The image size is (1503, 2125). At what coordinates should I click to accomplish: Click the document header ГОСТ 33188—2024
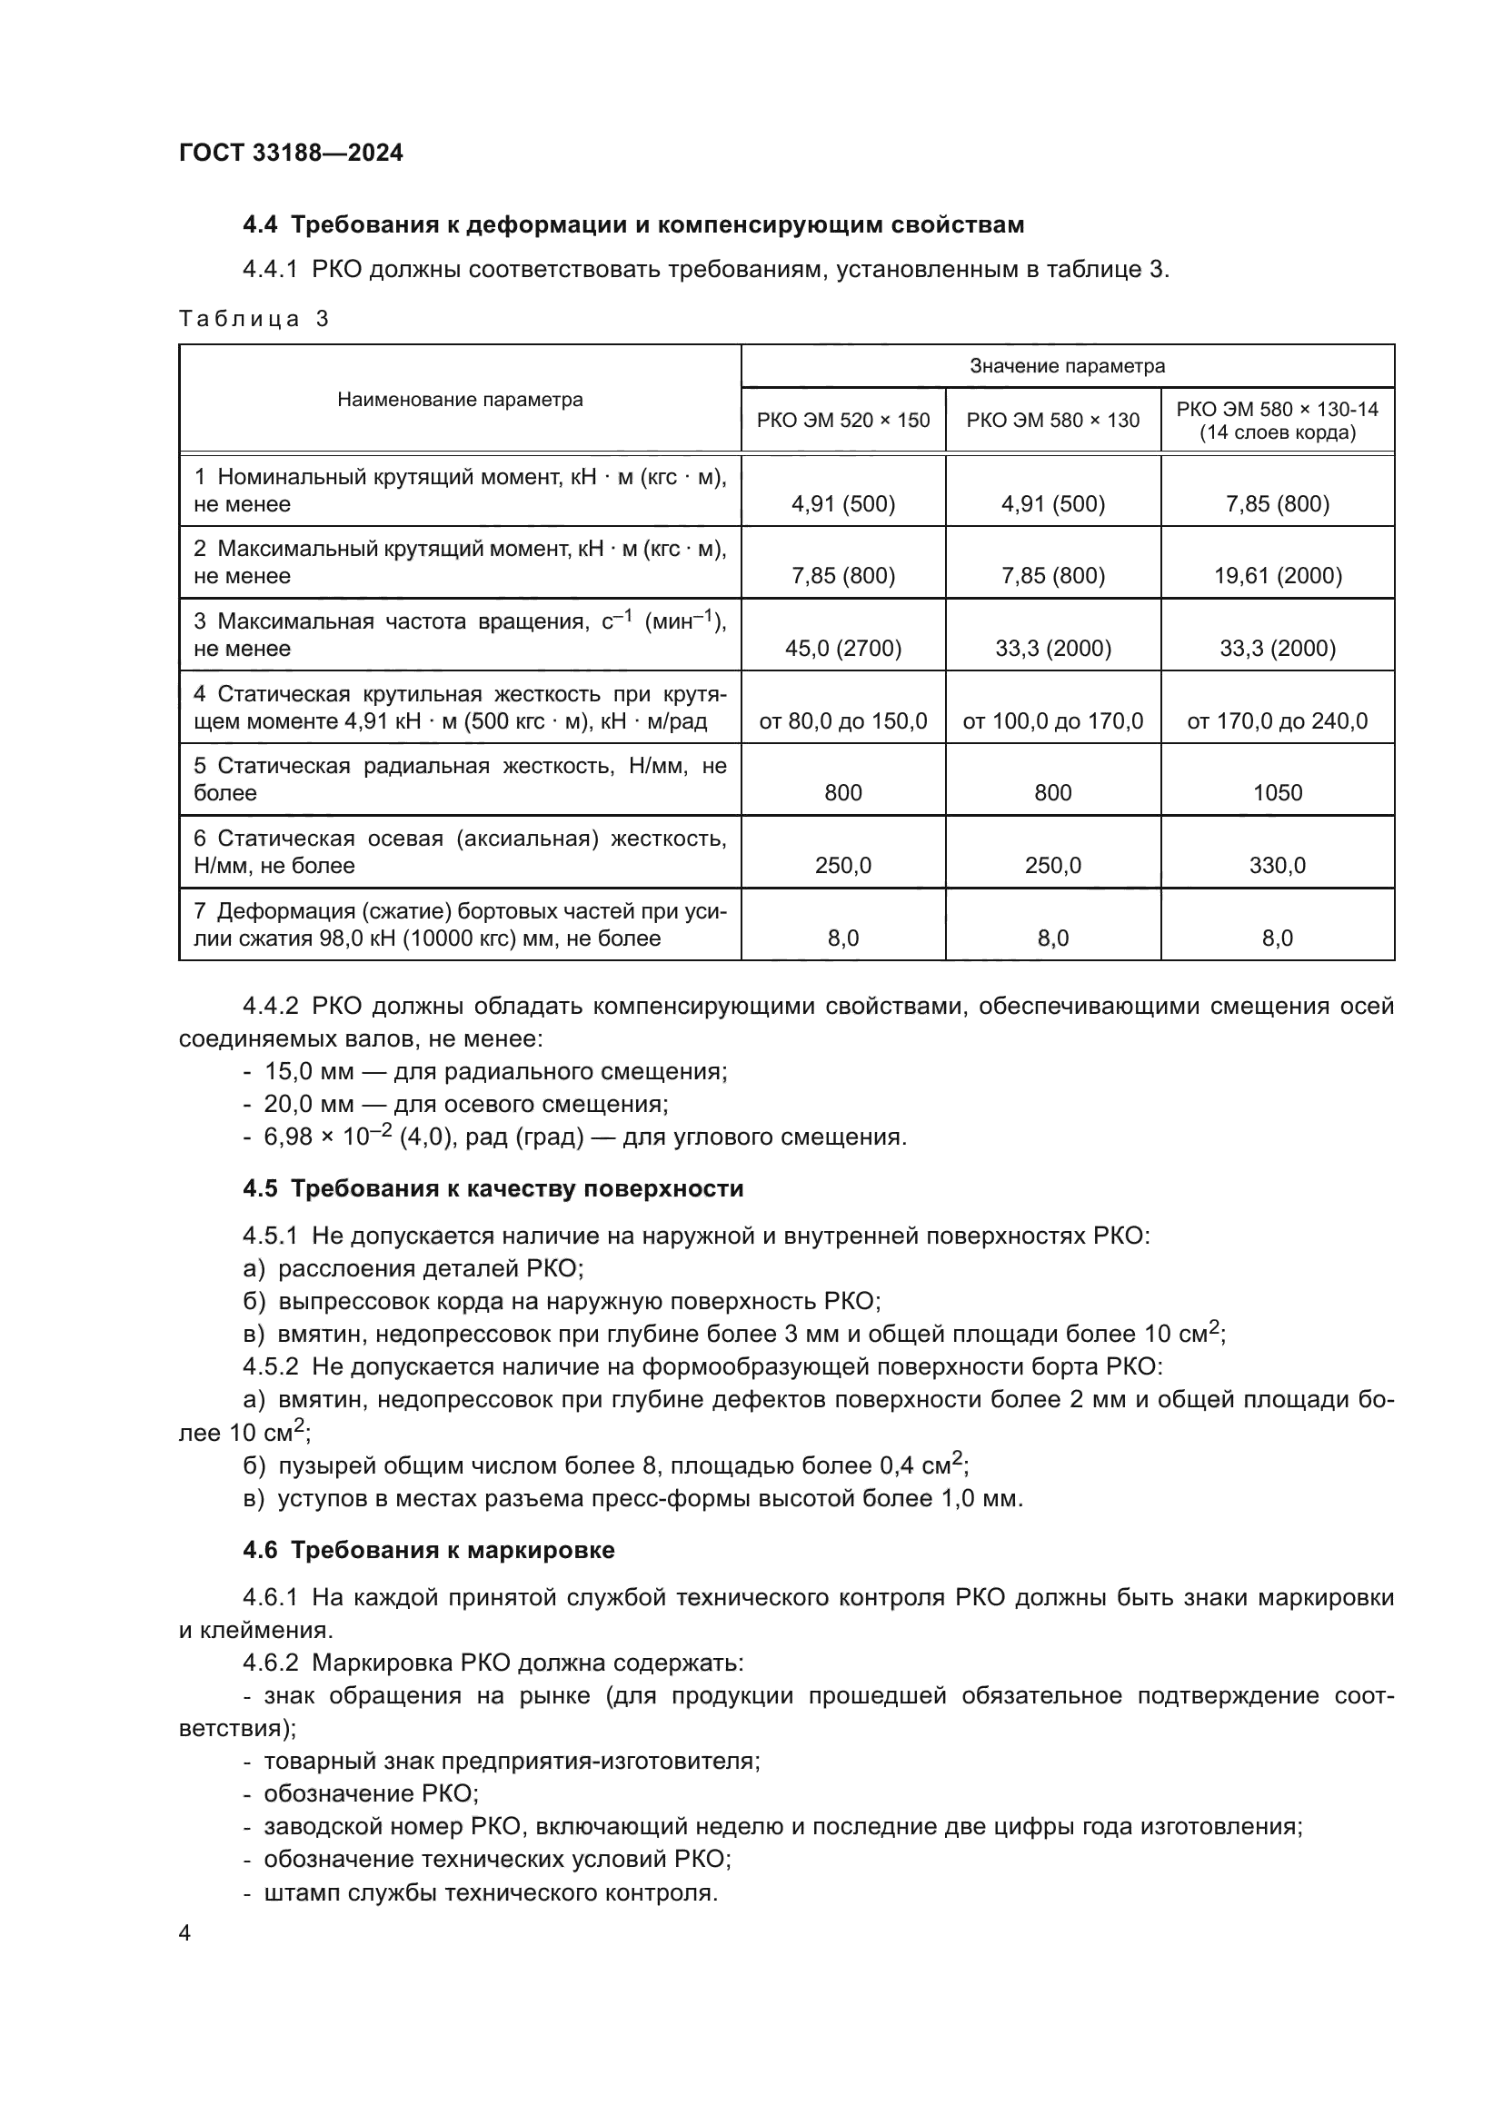(x=291, y=154)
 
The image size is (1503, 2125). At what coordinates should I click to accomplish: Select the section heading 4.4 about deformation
(x=633, y=225)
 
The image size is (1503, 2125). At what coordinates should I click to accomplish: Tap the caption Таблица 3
(x=254, y=319)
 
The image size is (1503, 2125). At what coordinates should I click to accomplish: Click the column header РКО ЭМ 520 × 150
(x=842, y=421)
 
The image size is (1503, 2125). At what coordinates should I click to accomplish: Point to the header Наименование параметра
(x=460, y=400)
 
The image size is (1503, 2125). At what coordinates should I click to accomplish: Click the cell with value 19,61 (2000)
(x=1277, y=576)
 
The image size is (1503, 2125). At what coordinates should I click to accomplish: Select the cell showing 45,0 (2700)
(x=842, y=648)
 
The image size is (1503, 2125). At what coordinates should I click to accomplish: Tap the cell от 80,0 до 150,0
(x=842, y=721)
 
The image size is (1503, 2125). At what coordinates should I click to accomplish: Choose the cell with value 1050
(x=1277, y=792)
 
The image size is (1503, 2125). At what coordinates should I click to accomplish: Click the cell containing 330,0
(x=1277, y=866)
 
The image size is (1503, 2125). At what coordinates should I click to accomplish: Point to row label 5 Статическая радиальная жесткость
(x=460, y=779)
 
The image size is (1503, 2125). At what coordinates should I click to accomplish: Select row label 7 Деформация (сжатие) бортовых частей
(x=460, y=925)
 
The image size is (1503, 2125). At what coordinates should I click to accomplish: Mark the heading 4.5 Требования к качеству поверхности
(x=493, y=1188)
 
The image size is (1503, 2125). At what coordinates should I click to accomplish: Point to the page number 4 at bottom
(x=184, y=1933)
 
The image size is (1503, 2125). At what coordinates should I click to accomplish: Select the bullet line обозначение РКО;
(x=370, y=1793)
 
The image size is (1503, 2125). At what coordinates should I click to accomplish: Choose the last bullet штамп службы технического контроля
(x=491, y=1892)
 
